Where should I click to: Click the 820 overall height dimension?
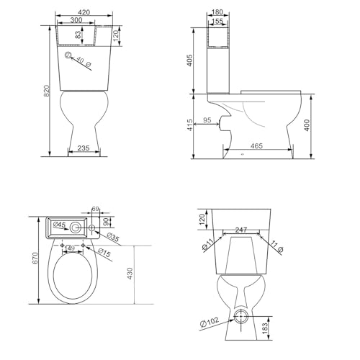tap(47, 91)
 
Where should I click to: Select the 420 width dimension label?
tap(84, 12)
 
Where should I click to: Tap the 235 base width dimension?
tap(84, 148)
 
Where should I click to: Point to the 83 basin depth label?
tap(78, 35)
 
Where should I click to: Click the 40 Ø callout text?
tap(84, 62)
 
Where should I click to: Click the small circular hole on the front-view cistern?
tap(68, 55)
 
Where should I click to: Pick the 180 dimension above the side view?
tap(217, 12)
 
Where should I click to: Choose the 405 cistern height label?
tap(189, 60)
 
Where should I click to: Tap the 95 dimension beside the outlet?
tap(207, 120)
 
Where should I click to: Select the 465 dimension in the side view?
tap(256, 145)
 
